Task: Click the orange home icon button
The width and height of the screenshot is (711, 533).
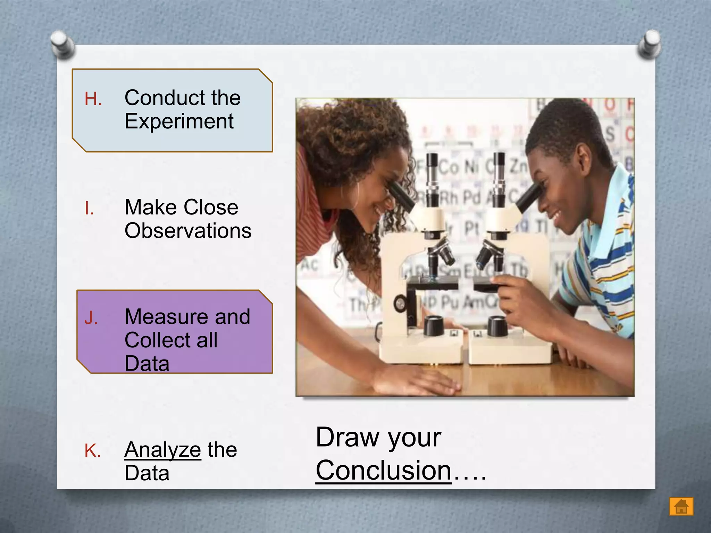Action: coord(681,506)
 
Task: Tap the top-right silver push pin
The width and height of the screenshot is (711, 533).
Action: coord(649,44)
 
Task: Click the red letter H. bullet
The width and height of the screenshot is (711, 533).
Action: coord(93,99)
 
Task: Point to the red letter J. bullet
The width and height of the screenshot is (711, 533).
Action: coord(91,318)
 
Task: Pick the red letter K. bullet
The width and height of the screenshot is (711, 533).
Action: coord(93,451)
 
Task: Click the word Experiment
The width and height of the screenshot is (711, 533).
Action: coord(179,121)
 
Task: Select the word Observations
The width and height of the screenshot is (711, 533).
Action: coord(188,231)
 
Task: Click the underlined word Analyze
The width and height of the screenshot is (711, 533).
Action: coord(162,450)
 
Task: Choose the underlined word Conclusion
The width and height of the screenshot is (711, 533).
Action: coord(383,471)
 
